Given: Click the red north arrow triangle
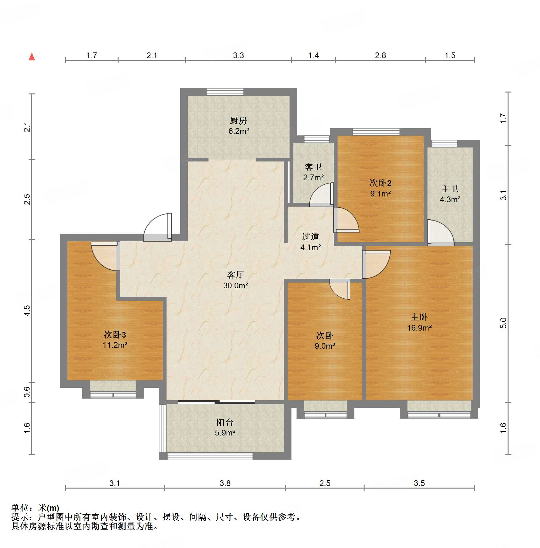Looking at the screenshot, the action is [x=32, y=57].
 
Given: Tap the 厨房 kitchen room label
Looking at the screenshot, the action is [x=238, y=120].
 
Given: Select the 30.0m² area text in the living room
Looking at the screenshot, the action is [x=236, y=285].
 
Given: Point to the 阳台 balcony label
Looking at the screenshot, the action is [x=225, y=422].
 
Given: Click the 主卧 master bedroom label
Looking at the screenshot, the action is [x=419, y=317].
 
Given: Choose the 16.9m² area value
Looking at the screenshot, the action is [x=420, y=328].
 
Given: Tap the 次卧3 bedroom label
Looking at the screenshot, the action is [x=115, y=334].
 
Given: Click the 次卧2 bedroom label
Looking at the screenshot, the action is [x=380, y=183].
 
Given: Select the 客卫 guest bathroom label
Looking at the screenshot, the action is [x=313, y=167].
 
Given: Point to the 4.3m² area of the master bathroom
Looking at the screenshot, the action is [x=450, y=199].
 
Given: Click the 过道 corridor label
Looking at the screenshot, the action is [x=311, y=236].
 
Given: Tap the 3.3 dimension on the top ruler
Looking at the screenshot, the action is [x=238, y=55].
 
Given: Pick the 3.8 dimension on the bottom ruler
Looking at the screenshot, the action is [x=225, y=483].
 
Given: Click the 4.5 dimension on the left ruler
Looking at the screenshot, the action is [x=27, y=311].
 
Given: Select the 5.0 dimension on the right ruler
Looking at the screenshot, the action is [x=503, y=323].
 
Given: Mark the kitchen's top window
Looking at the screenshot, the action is [x=225, y=92].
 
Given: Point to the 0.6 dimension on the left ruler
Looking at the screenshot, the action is [x=27, y=392].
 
